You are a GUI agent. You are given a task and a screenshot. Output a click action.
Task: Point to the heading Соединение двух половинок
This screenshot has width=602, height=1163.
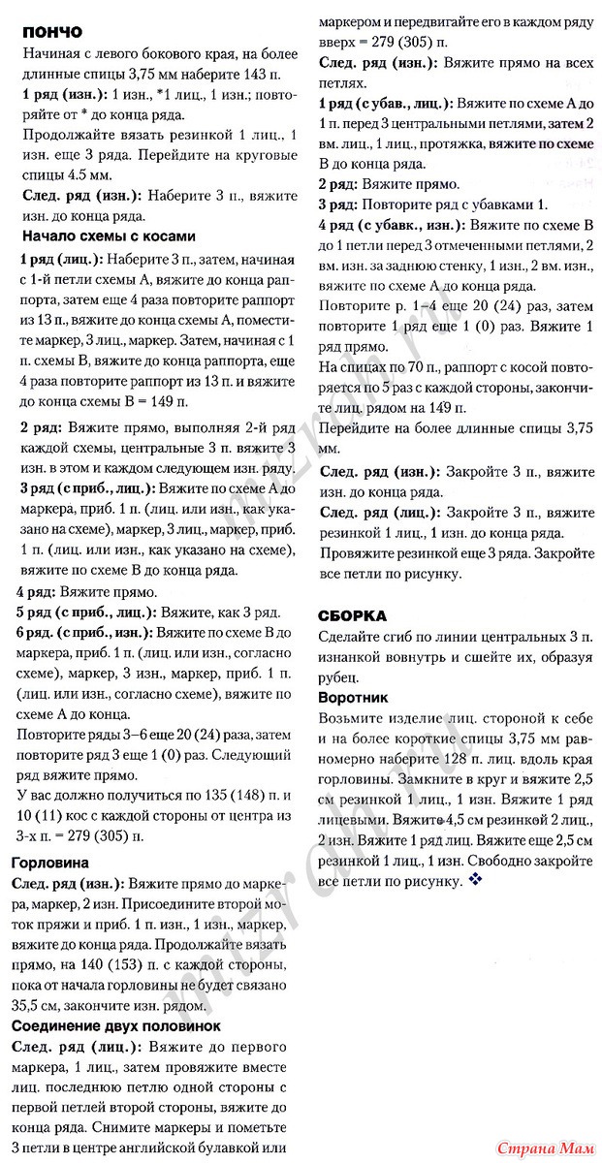pos(115,1024)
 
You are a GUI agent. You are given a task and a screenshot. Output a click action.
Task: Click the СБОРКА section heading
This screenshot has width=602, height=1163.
pos(353,614)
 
